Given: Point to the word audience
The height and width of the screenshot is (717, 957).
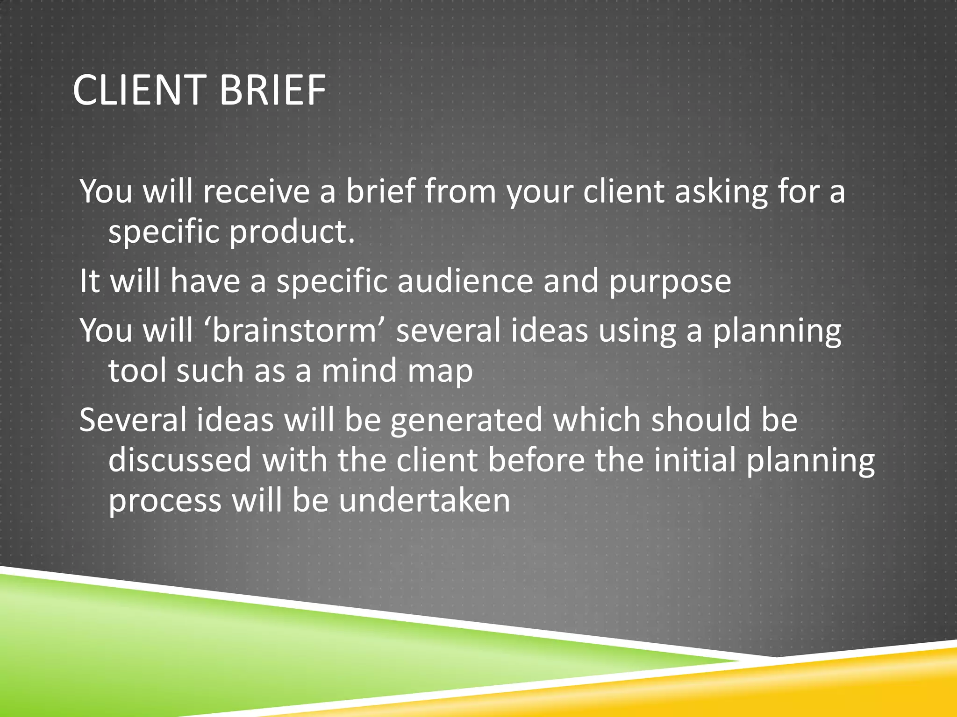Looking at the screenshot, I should tap(465, 281).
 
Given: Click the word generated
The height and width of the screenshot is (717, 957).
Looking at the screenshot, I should tap(466, 420).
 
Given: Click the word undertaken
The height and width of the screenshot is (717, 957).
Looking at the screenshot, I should tap(424, 500).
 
